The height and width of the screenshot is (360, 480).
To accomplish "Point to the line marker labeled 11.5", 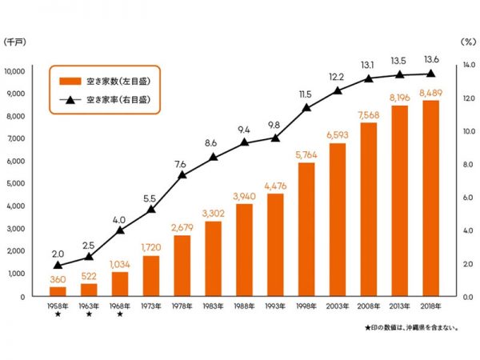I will tap(306, 107).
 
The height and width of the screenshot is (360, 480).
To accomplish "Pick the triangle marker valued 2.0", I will tap(58, 265).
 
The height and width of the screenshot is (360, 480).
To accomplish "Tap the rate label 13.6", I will tap(431, 59).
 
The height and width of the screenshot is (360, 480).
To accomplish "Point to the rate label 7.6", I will tap(182, 164).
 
